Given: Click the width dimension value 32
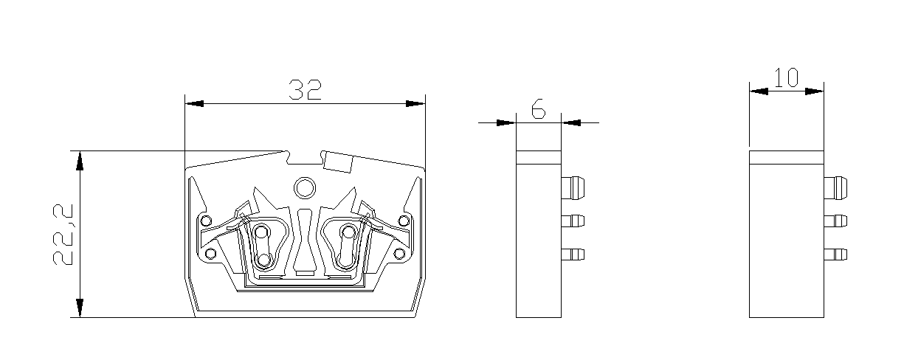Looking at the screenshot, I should click(x=305, y=90).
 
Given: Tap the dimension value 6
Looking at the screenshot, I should click(x=538, y=110).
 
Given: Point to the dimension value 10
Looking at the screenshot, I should click(x=786, y=78).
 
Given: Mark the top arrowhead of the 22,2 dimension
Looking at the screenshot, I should click(x=80, y=160).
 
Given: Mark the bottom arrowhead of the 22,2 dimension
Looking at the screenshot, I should click(x=80, y=308).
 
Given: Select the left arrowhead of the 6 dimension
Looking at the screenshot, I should click(x=506, y=122).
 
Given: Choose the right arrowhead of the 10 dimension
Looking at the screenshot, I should click(x=814, y=91).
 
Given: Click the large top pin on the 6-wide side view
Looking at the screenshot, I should click(x=574, y=187).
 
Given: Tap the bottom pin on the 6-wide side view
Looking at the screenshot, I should click(x=573, y=255).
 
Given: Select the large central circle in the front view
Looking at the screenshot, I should click(x=303, y=189).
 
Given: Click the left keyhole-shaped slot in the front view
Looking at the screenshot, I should click(x=262, y=246).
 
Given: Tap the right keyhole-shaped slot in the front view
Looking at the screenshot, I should click(x=345, y=246).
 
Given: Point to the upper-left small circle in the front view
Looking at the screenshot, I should click(x=206, y=220).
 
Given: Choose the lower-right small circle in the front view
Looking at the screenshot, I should click(x=399, y=254).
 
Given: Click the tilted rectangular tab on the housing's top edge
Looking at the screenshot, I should click(x=339, y=162).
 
